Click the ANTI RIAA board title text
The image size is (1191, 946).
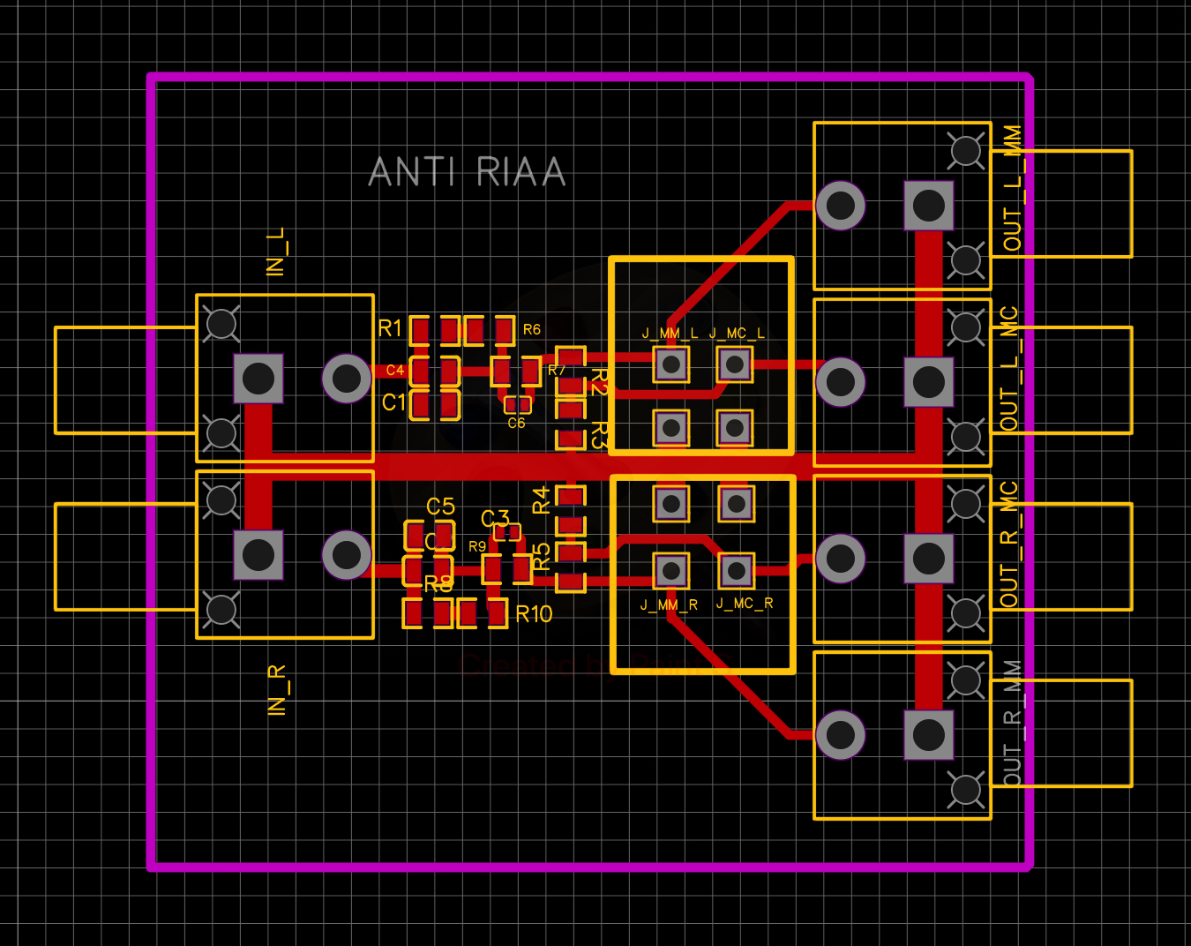pyautogui.click(x=467, y=172)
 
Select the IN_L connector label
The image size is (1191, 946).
pyautogui.click(x=276, y=252)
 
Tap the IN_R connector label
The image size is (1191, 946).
pyautogui.click(x=277, y=690)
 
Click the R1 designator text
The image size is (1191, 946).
pyautogui.click(x=390, y=328)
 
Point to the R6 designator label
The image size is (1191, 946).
pyautogui.click(x=531, y=329)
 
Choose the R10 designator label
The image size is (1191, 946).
pyautogui.click(x=534, y=614)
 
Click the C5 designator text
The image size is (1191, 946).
pyautogui.click(x=440, y=507)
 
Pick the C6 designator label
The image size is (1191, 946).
pyautogui.click(x=516, y=424)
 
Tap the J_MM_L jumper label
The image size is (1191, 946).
pyautogui.click(x=670, y=334)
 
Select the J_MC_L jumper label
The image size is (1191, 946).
pyautogui.click(x=737, y=334)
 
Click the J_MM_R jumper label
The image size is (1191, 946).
pyautogui.click(x=669, y=605)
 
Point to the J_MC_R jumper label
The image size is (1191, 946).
pyautogui.click(x=745, y=604)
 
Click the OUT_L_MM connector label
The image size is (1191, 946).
pyautogui.click(x=1012, y=188)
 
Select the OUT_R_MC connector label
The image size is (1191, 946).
pyautogui.click(x=1009, y=544)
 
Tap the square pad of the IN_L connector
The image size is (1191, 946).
pyautogui.click(x=258, y=379)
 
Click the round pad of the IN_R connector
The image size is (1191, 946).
pyautogui.click(x=347, y=555)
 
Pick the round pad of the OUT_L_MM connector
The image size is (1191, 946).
pyautogui.click(x=840, y=206)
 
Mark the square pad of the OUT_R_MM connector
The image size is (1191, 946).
pyautogui.click(x=929, y=734)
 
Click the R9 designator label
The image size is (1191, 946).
pyautogui.click(x=477, y=547)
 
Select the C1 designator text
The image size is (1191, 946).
pyautogui.click(x=393, y=402)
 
